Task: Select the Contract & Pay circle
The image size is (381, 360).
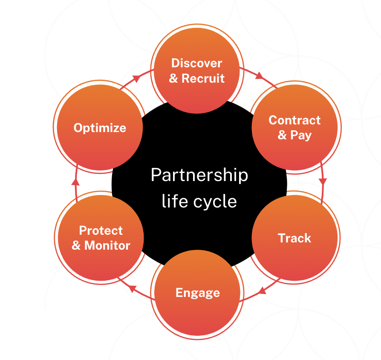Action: (x=294, y=127)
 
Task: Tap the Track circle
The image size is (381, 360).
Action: (x=294, y=238)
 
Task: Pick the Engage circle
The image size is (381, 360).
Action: (x=198, y=293)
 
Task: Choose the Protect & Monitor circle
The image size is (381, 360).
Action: (x=101, y=238)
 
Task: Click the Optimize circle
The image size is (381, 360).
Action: (x=100, y=128)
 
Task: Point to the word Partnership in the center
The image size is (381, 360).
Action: (x=199, y=175)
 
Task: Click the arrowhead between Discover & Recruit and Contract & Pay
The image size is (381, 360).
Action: (x=259, y=77)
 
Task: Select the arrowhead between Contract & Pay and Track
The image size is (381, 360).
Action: (x=323, y=181)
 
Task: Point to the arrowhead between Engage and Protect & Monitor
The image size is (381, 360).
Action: (x=132, y=289)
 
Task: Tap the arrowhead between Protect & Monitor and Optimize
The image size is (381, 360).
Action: (x=75, y=182)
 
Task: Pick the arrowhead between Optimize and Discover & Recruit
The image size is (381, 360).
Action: (x=136, y=78)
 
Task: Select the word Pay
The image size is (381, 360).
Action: (x=301, y=135)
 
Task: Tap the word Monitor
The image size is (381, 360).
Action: (x=107, y=245)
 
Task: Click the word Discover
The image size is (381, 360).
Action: (x=196, y=63)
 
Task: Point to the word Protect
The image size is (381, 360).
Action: (x=101, y=230)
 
